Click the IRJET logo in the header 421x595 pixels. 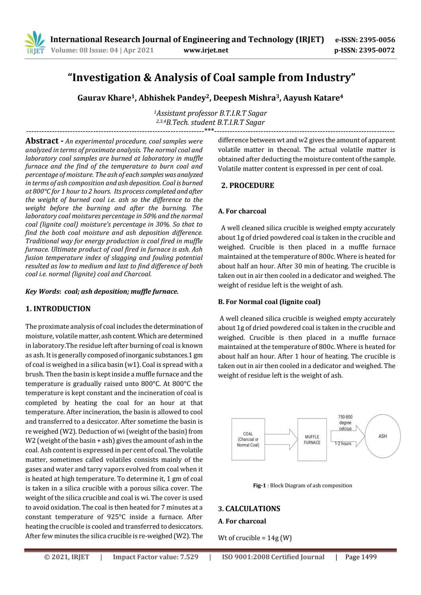click(35, 44)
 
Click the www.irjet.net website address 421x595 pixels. click(206, 50)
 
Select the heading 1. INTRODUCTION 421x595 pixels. click(58, 309)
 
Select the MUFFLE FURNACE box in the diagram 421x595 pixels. click(312, 439)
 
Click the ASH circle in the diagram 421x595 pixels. click(382, 436)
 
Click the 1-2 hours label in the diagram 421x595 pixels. click(343, 444)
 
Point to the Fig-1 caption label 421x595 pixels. click(259, 485)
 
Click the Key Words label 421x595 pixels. click(42, 291)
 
